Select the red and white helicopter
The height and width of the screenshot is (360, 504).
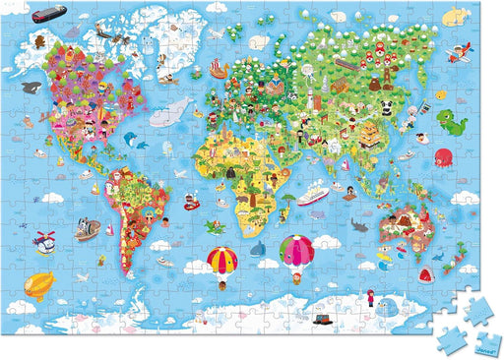click(x=45, y=239)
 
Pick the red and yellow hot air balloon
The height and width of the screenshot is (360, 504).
click(x=221, y=262)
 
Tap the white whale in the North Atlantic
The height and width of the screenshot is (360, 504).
click(x=177, y=107)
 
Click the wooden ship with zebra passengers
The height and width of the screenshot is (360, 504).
click(x=86, y=230)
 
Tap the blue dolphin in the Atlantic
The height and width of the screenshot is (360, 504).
click(x=143, y=145)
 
